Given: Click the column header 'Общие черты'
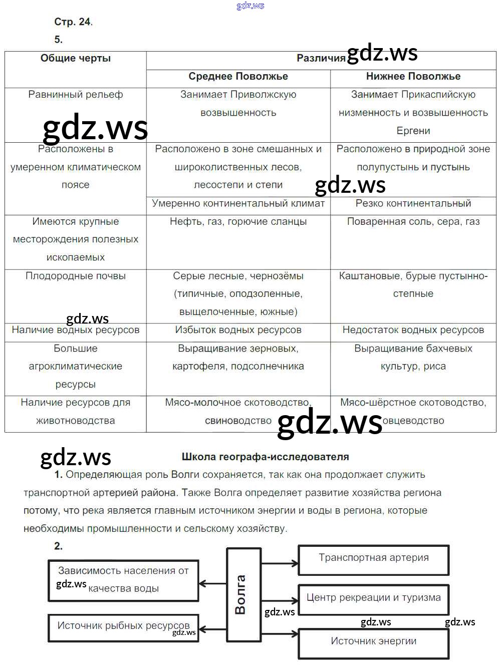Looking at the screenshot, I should click(x=76, y=59).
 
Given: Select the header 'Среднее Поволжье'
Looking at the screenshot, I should click(x=238, y=77).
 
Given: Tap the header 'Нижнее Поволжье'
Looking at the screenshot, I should click(x=413, y=77).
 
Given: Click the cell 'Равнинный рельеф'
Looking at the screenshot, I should click(x=76, y=95).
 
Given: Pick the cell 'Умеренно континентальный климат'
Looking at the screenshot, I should click(x=238, y=204).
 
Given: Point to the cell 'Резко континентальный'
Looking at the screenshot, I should click(x=413, y=204).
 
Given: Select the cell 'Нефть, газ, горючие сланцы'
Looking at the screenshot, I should click(x=238, y=222).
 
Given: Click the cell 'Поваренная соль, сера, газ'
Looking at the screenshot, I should click(x=413, y=222).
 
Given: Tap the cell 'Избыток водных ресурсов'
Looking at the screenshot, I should click(x=238, y=330).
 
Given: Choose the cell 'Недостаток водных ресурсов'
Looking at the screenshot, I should click(x=413, y=330).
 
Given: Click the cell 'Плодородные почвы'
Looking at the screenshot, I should click(x=76, y=276).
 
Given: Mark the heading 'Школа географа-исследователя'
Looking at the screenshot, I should click(x=265, y=457).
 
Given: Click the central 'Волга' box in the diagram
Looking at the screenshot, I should click(x=243, y=594).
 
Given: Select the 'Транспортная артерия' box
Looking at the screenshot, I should click(x=374, y=559).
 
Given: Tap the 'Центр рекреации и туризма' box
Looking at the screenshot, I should click(x=374, y=598).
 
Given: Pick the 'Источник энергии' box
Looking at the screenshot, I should click(x=374, y=642).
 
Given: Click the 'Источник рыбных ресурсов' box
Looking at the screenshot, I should click(x=123, y=626).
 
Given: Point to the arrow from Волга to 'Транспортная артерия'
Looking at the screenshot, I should click(x=280, y=563).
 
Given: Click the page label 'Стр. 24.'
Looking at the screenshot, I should click(x=73, y=22).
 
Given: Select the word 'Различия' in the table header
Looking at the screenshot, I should click(x=321, y=59).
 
